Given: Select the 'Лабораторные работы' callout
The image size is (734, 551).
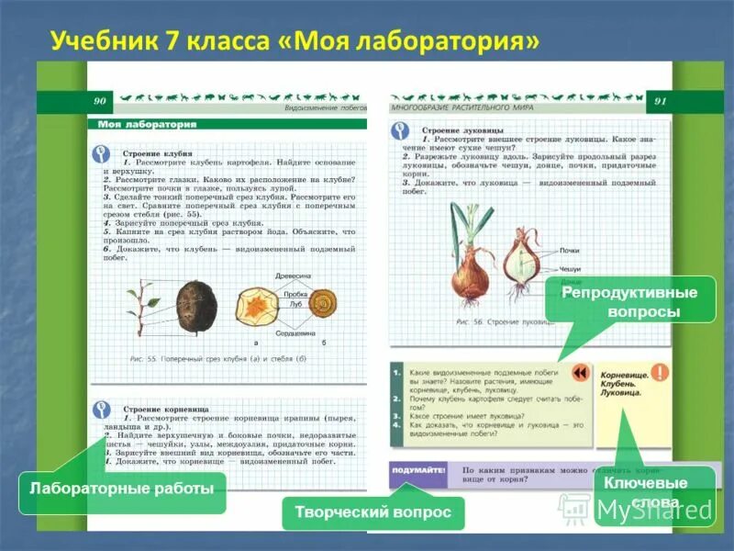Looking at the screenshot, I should point(119,488).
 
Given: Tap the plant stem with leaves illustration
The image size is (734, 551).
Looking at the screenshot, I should point(139,308).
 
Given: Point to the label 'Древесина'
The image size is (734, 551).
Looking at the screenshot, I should point(294,275).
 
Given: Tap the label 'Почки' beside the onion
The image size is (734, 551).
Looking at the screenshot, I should point(569,250).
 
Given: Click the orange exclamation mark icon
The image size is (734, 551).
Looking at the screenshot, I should point(659,373).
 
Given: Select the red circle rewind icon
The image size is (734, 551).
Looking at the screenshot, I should point(580,373).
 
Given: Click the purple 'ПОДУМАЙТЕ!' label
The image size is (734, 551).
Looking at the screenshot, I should point(417,469).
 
